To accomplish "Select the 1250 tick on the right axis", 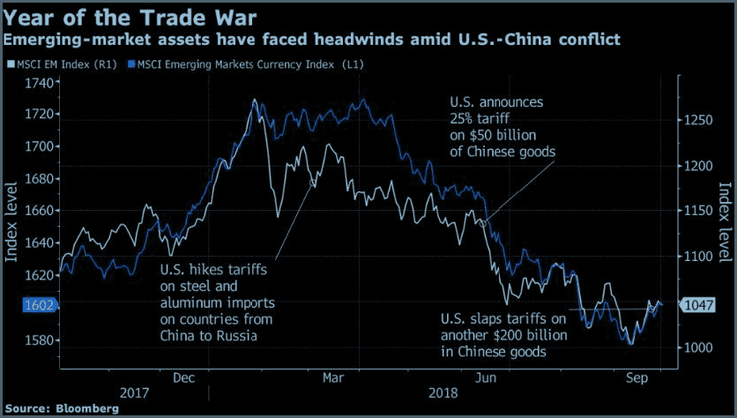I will point(698,120).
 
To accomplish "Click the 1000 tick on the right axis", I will point(698,347).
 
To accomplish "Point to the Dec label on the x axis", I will point(183,377).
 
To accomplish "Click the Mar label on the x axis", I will point(333,377).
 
